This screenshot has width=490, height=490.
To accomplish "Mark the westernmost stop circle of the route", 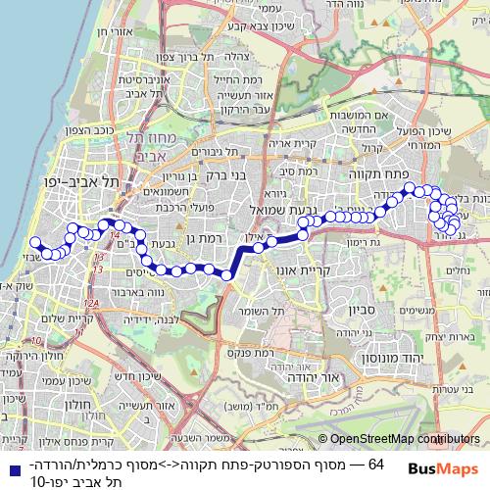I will (x=34, y=242).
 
